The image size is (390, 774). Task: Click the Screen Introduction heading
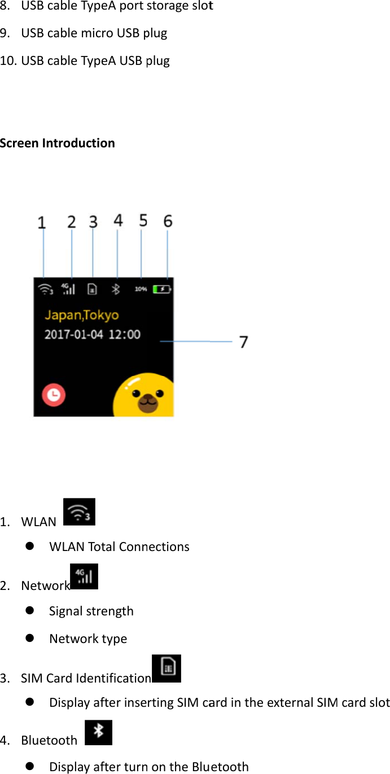(57, 143)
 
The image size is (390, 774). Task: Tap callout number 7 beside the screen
(243, 342)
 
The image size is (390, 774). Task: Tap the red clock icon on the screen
(54, 395)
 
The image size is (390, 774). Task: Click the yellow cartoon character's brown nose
(147, 401)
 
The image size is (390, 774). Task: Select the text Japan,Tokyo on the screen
(81, 315)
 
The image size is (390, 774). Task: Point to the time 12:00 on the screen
(124, 334)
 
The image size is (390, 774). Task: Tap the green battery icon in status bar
(163, 289)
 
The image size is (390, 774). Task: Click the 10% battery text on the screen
(141, 289)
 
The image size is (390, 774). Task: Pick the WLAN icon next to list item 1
(79, 512)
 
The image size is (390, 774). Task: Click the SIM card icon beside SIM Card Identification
(167, 668)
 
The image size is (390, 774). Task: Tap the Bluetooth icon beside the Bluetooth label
(98, 732)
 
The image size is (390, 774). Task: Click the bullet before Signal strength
(29, 611)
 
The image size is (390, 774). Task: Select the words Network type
(88, 639)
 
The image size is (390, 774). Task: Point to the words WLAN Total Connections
(119, 546)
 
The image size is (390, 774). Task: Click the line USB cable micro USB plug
(94, 33)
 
